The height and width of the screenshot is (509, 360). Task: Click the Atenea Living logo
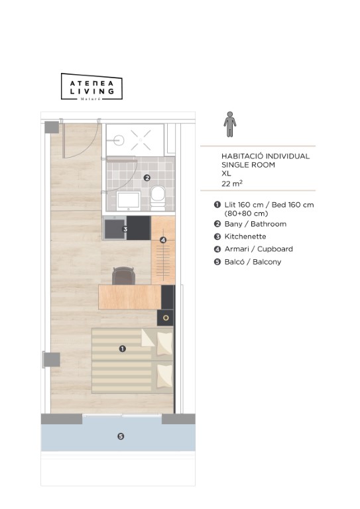(x=91, y=87)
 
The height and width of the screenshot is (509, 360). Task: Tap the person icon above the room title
(x=230, y=125)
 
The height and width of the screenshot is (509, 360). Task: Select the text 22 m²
(x=232, y=184)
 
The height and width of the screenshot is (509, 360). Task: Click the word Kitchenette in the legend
(x=245, y=237)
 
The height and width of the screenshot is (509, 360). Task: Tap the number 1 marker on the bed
(x=123, y=349)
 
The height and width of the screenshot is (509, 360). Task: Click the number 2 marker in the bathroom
(x=147, y=178)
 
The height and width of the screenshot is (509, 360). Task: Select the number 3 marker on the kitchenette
(x=125, y=229)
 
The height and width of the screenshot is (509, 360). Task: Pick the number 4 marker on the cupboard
(x=163, y=240)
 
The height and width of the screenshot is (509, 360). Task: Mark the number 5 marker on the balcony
(x=121, y=436)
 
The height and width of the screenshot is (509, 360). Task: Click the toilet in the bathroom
(x=158, y=198)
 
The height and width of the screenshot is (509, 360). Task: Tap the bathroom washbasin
(x=128, y=201)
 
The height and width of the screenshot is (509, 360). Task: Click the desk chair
(x=124, y=276)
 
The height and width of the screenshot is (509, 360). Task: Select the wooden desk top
(x=130, y=297)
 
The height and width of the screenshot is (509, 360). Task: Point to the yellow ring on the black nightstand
(x=166, y=318)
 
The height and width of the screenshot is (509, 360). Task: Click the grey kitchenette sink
(x=115, y=228)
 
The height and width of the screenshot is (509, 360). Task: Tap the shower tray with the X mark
(x=135, y=140)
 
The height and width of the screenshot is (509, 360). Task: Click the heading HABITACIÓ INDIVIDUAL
(x=266, y=156)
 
